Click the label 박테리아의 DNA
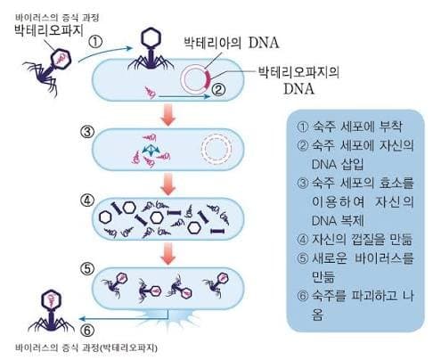[232, 43]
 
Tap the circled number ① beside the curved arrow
[95, 42]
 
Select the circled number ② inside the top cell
[218, 90]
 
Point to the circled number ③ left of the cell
[87, 132]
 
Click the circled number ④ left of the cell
[87, 200]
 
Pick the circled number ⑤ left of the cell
[87, 269]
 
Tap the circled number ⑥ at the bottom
[87, 331]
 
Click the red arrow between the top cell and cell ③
[168, 114]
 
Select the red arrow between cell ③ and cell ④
[168, 184]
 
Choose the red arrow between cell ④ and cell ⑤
[168, 253]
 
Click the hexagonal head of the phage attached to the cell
[151, 37]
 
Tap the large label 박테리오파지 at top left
[49, 30]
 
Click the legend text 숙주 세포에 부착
[357, 127]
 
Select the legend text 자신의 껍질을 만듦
[362, 240]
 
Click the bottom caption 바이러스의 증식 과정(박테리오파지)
[86, 348]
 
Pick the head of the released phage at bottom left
[51, 301]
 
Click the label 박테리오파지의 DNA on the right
[298, 80]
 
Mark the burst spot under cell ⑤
[168, 317]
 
